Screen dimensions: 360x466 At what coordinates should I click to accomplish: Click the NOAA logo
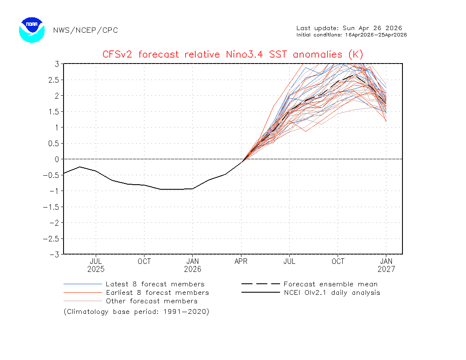(x=32, y=30)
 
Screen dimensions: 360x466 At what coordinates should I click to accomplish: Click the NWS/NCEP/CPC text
(x=85, y=30)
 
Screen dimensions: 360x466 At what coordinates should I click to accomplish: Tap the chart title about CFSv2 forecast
(x=233, y=54)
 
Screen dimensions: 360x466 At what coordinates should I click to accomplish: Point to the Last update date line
(x=349, y=28)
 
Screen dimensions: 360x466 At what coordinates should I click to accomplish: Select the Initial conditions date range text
(x=352, y=35)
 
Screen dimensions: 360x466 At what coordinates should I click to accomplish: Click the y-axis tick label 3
(x=56, y=64)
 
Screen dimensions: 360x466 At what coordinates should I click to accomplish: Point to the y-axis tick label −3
(x=54, y=254)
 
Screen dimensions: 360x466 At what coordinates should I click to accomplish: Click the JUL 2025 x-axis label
(x=96, y=265)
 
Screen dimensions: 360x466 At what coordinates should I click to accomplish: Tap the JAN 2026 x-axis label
(x=193, y=265)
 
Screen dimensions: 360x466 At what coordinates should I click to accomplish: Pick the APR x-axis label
(x=241, y=261)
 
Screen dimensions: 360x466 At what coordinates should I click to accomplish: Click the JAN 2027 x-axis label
(x=386, y=265)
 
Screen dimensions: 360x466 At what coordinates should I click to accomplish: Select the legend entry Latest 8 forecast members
(x=155, y=284)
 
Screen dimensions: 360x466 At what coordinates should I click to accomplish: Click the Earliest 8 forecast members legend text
(x=157, y=293)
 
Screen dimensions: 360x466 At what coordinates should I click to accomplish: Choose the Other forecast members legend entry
(x=151, y=301)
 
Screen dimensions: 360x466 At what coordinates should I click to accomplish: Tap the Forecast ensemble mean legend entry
(x=330, y=284)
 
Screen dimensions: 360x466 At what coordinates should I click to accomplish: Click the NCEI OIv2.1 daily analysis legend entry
(x=331, y=293)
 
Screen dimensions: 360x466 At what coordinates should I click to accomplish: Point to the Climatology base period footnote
(x=136, y=312)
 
